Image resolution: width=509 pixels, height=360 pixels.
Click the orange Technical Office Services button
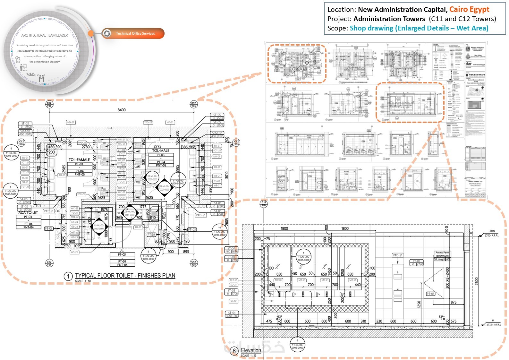coord(135,33)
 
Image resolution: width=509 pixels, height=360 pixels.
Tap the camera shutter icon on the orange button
coord(107,33)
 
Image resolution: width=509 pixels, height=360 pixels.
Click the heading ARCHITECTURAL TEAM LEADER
coord(45,35)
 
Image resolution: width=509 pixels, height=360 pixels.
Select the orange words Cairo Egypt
coord(469,9)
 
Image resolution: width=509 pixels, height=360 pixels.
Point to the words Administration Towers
coord(389,19)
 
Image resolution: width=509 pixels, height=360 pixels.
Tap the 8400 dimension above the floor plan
coord(122,110)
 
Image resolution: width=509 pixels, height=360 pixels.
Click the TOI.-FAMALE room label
coord(79,159)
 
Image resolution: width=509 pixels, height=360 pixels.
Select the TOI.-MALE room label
coord(161,150)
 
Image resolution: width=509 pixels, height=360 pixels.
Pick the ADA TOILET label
coord(28,212)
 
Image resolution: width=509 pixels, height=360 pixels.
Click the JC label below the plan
coord(122,250)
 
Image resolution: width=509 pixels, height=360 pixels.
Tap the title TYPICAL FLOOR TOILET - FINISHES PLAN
coord(125,276)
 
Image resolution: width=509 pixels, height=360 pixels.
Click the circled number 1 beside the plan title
coord(68,276)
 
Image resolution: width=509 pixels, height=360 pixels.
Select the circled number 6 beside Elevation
coord(234,351)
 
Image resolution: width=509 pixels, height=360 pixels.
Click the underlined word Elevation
coord(251,350)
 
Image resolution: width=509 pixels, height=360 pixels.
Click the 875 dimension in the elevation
coord(453,302)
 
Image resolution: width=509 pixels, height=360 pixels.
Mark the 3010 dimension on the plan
coord(227,175)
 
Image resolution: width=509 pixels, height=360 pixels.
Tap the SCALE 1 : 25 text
coord(248,356)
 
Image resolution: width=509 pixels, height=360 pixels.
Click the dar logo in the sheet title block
coord(469,64)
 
